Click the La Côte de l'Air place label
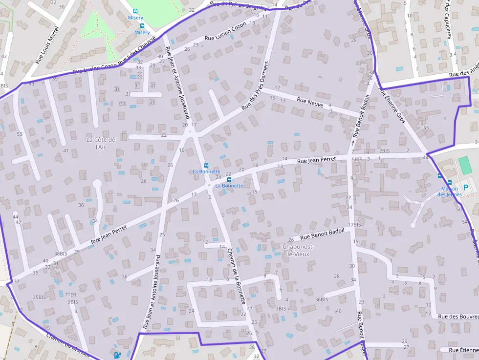pyautogui.click(x=101, y=143)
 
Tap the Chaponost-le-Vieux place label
pyautogui.click(x=299, y=250)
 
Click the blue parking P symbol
pyautogui.click(x=466, y=187)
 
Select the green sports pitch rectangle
pyautogui.click(x=465, y=165)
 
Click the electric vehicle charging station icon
pyautogui.click(x=117, y=355)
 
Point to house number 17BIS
pyautogui.click(x=354, y=225)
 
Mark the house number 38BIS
pyautogui.click(x=61, y=254)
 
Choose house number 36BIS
pyautogui.click(x=322, y=299)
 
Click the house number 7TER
pyautogui.click(x=70, y=295)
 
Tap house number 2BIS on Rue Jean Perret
pyautogui.click(x=385, y=151)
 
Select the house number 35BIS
pyautogui.click(x=39, y=297)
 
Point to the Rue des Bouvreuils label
pyautogui.click(x=458, y=317)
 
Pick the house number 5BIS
pyautogui.click(x=357, y=159)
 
